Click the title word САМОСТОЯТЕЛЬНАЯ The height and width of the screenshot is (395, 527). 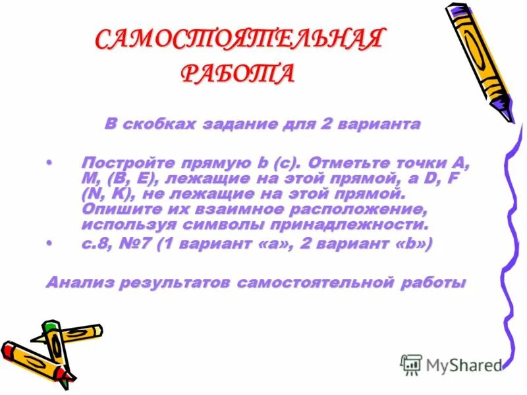(238, 39)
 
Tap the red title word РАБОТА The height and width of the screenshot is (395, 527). (237, 72)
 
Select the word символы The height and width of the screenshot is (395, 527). (236, 225)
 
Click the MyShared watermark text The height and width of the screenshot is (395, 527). (461, 364)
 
